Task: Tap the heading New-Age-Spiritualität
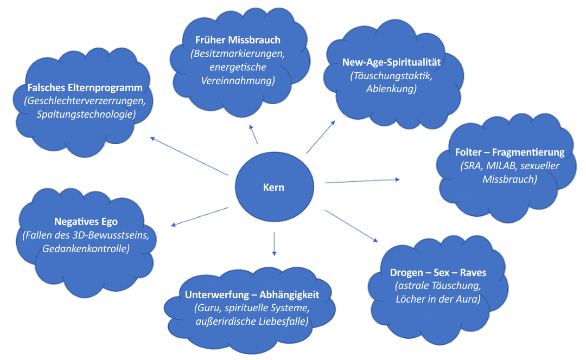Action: point(391,62)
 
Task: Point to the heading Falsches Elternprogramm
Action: point(85,88)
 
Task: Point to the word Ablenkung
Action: point(391,89)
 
